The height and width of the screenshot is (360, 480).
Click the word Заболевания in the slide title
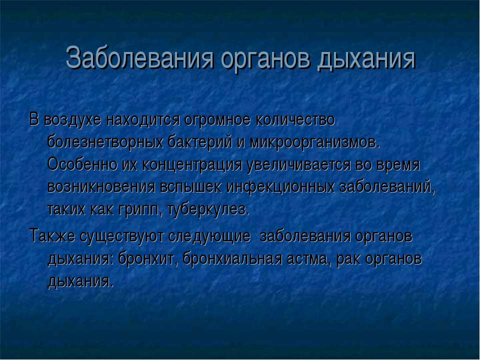coord(139,57)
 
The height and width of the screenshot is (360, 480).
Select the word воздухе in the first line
coord(72,120)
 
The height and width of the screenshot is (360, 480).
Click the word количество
coord(295,119)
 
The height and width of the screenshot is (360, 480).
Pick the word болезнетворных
coord(105,142)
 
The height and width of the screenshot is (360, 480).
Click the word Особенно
coord(82,164)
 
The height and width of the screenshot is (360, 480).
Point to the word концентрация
coord(192,165)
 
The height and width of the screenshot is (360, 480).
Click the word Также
coord(52,236)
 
